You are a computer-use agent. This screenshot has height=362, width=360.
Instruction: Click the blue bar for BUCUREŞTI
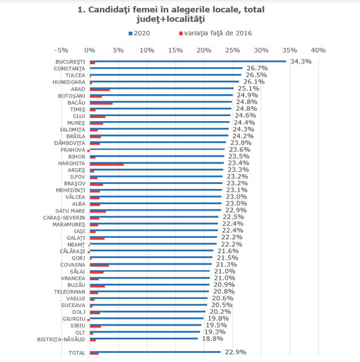pos(188,61)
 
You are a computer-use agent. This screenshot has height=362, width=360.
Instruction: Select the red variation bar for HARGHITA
pos(106,165)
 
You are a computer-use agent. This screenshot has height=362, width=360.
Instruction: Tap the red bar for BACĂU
pos(101,104)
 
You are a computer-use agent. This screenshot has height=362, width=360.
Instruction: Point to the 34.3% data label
pos(301,61)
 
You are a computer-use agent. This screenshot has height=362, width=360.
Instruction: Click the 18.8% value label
pos(212,338)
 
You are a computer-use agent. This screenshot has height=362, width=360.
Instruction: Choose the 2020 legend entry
pos(139,33)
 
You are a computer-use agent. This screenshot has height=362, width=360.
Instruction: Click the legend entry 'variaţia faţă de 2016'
pos(215,33)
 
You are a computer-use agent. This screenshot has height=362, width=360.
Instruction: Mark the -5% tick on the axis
pos(61,50)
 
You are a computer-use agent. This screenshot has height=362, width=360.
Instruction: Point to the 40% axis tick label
pos(318,50)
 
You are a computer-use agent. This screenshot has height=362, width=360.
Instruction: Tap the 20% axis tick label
pos(204,50)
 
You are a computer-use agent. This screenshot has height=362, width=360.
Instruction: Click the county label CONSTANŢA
pos(69,69)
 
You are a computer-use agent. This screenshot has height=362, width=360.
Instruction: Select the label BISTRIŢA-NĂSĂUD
pos(61,340)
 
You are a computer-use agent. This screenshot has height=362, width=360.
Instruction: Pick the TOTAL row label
pos(77,353)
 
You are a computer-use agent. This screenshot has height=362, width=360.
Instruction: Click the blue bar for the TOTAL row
pos(155,352)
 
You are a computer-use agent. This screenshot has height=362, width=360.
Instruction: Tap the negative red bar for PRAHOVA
pos(88,151)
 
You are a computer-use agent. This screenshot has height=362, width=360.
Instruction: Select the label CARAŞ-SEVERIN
pos(64,218)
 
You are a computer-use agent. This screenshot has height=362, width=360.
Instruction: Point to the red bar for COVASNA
pos(99,266)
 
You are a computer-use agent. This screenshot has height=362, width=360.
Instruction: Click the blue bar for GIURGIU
pos(146,318)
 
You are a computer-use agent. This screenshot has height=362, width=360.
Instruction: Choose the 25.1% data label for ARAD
pos(249,88)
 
